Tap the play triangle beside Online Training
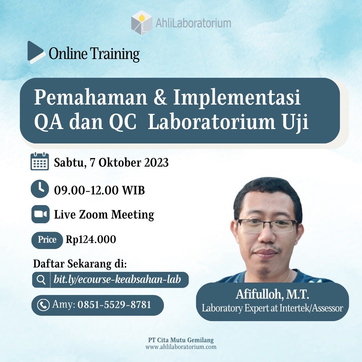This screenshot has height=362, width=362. click(35, 51)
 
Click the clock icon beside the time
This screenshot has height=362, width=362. click(40, 189)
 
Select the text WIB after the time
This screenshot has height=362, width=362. click(133, 191)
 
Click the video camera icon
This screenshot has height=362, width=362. click(40, 214)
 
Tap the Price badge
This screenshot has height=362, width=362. click(47, 240)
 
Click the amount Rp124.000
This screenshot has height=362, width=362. click(91, 240)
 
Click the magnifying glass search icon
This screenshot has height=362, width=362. click(41, 280)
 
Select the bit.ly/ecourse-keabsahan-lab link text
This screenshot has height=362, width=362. click(117, 280)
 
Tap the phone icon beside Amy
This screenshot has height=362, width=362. click(43, 305)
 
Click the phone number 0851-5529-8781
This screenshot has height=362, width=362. click(114, 305)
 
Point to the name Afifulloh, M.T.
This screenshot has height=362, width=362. click(272, 295)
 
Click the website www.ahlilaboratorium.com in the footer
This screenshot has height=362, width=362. click(181, 347)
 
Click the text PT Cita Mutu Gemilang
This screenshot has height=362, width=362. click(181, 340)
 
